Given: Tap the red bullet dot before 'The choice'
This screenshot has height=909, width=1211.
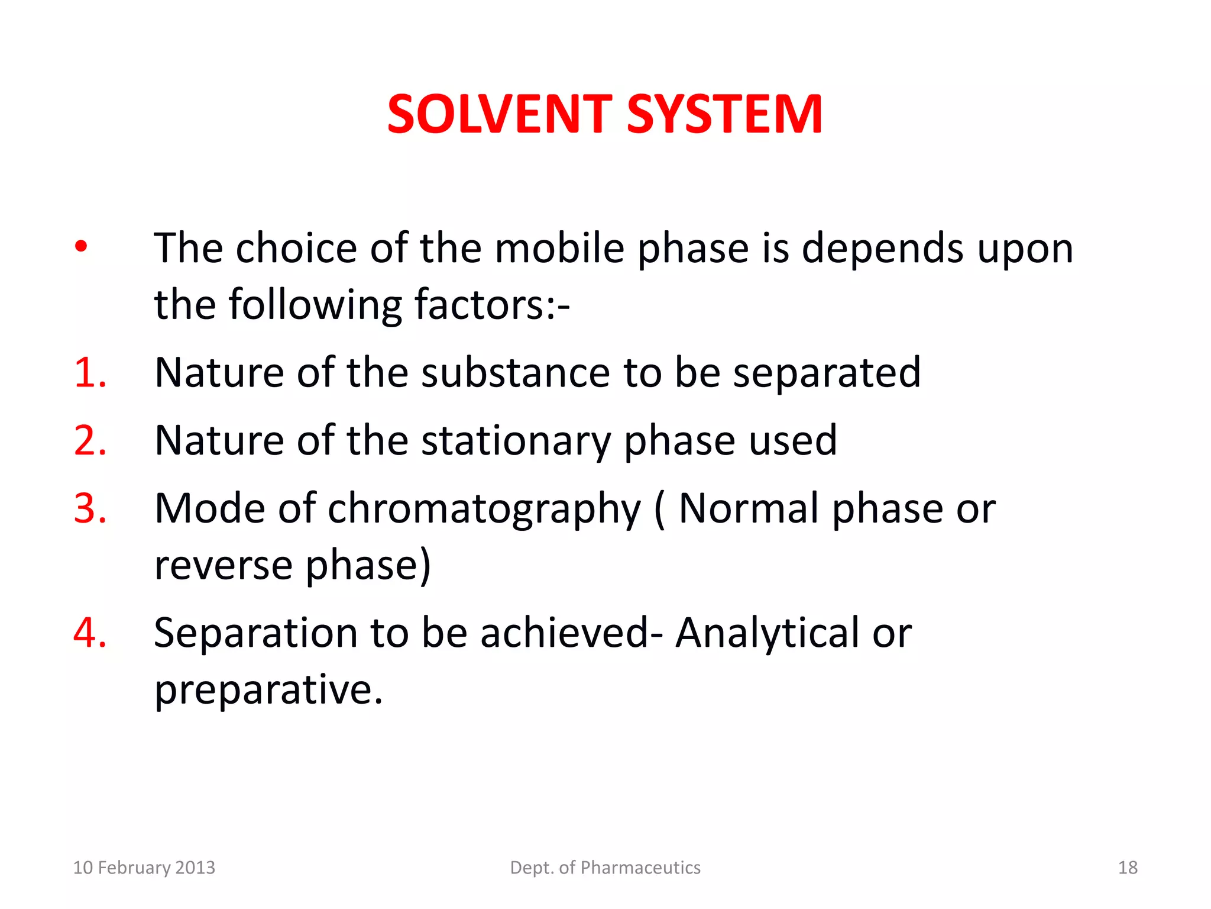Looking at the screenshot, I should [x=81, y=246].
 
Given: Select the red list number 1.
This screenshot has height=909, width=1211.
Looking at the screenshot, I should [x=90, y=373].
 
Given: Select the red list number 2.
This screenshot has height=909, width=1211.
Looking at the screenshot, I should [x=90, y=441].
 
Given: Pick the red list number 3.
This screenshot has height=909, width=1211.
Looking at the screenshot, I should [x=90, y=508].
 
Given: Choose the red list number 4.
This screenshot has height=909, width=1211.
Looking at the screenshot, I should [x=90, y=633].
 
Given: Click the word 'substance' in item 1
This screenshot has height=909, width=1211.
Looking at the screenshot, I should [x=515, y=373].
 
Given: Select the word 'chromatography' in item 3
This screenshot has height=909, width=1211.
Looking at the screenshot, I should [x=484, y=510].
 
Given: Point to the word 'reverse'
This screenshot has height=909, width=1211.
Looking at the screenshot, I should [x=223, y=565].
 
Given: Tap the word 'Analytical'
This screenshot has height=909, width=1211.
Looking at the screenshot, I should [x=768, y=633].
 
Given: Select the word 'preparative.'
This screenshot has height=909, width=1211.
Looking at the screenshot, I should [x=268, y=690].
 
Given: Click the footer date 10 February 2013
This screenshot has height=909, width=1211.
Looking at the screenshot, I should [x=144, y=868].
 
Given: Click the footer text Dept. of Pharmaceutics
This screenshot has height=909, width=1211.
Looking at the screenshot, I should [x=605, y=868].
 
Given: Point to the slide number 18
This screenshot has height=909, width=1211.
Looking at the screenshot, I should [x=1128, y=868].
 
